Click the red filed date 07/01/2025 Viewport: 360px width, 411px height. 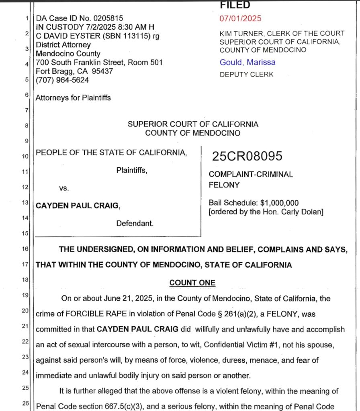tap(240, 18)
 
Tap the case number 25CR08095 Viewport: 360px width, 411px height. tap(247, 157)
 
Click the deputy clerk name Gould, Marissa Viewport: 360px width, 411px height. tap(247, 62)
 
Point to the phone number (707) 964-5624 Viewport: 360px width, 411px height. tap(62, 80)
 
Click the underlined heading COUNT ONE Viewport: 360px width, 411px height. tap(192, 283)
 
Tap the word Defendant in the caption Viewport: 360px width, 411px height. tap(135, 224)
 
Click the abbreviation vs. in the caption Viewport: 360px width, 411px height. tap(64, 188)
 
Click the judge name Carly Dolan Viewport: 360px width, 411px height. tap(300, 212)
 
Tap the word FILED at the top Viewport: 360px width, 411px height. tap(235, 5)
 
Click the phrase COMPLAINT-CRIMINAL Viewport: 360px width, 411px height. tap(251, 175)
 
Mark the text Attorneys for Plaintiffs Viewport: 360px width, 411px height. tap(73, 98)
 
